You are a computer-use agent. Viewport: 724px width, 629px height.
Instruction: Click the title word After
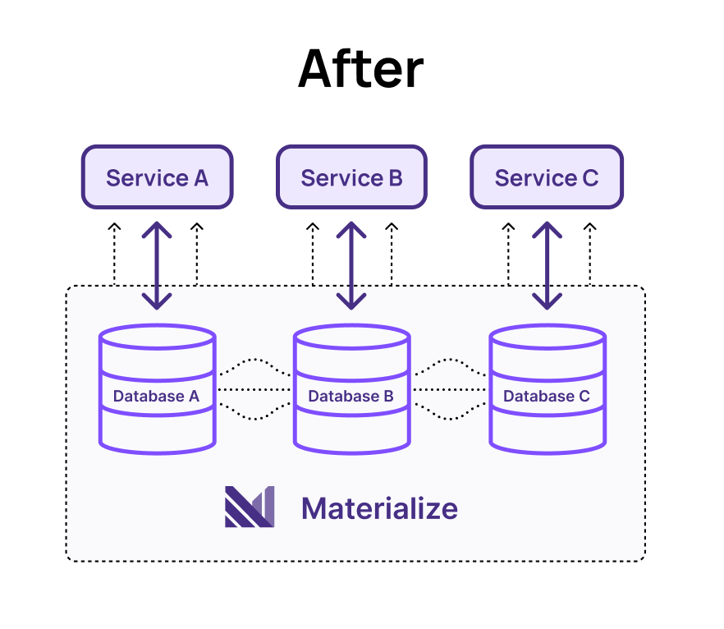click(x=360, y=69)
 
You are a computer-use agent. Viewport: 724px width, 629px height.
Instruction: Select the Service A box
click(x=157, y=177)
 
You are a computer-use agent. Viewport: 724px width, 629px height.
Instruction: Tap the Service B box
click(x=351, y=177)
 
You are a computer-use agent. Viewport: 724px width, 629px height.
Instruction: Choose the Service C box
click(x=546, y=177)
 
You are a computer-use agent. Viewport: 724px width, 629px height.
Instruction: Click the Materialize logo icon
click(x=249, y=507)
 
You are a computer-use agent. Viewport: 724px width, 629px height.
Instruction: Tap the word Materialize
click(x=379, y=508)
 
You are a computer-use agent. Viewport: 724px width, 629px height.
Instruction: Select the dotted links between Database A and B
click(x=254, y=389)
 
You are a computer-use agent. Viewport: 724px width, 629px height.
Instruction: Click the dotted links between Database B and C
click(x=449, y=389)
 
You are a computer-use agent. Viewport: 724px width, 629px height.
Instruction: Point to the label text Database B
click(x=351, y=397)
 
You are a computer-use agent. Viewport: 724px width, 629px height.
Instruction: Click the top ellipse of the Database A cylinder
click(x=157, y=337)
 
